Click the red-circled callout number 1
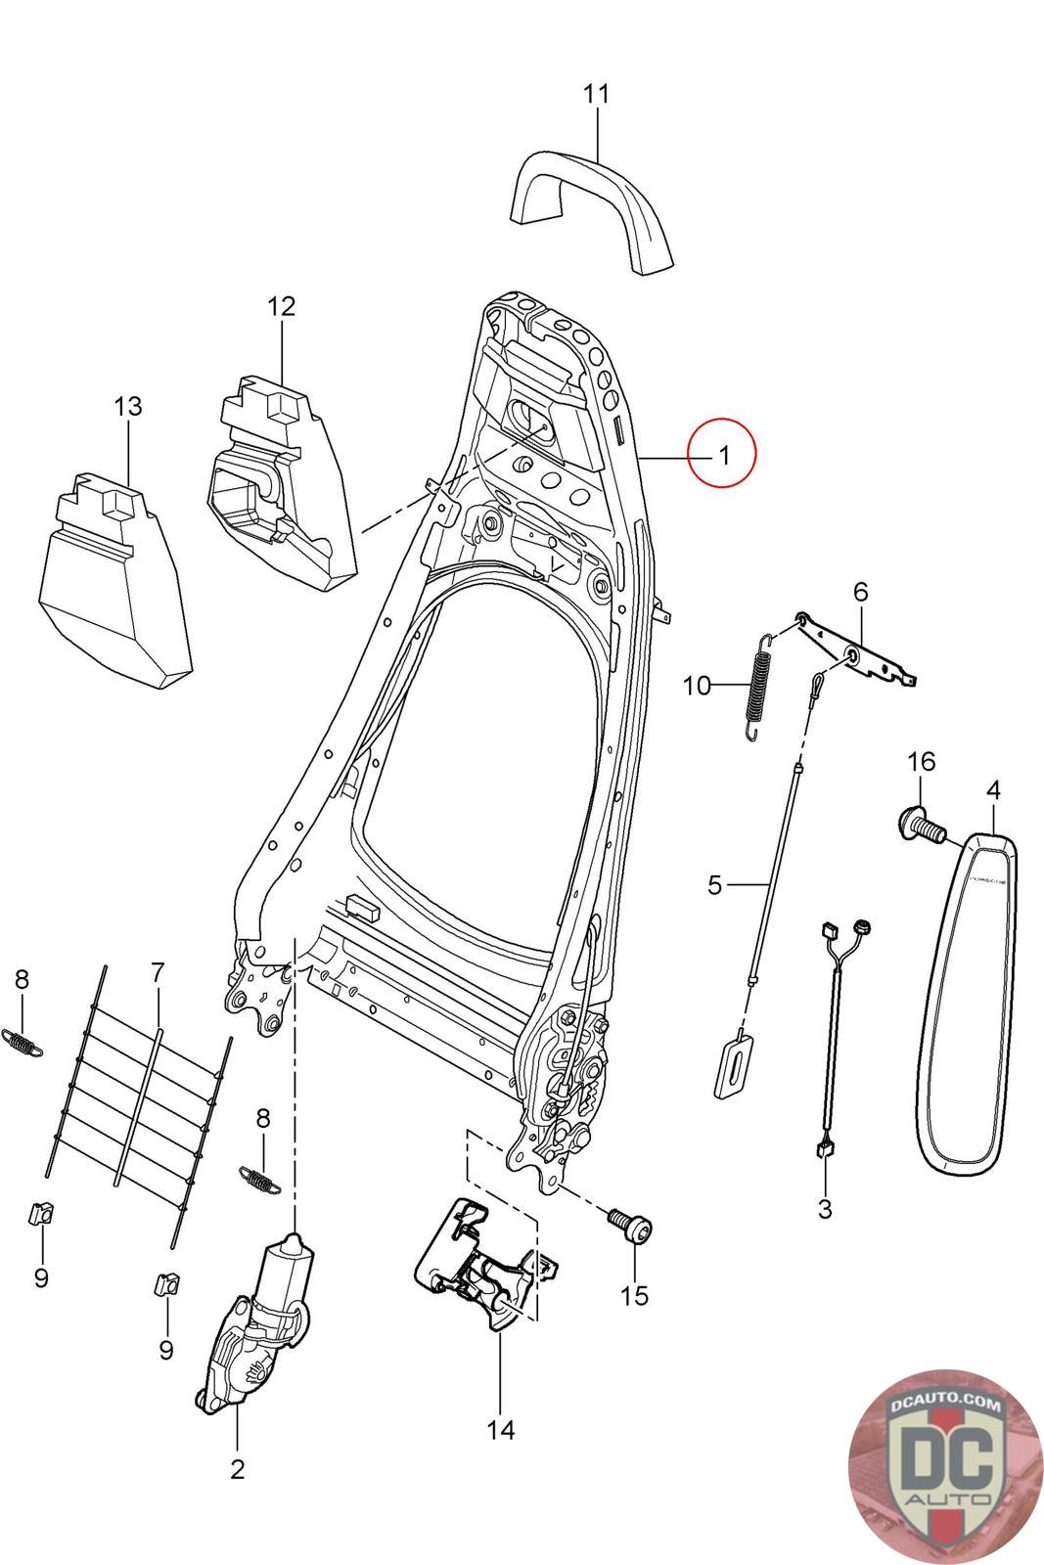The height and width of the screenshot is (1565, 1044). [x=724, y=455]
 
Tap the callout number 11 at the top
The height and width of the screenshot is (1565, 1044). [x=596, y=94]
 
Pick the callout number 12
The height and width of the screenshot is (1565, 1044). [x=282, y=307]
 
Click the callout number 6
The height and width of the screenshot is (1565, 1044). [x=860, y=593]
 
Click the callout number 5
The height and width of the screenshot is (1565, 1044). [x=714, y=886]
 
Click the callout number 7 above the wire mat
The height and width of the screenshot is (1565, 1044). [x=158, y=972]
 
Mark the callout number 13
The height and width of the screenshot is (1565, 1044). [x=128, y=407]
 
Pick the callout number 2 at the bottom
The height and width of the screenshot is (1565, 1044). [x=237, y=1470]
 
